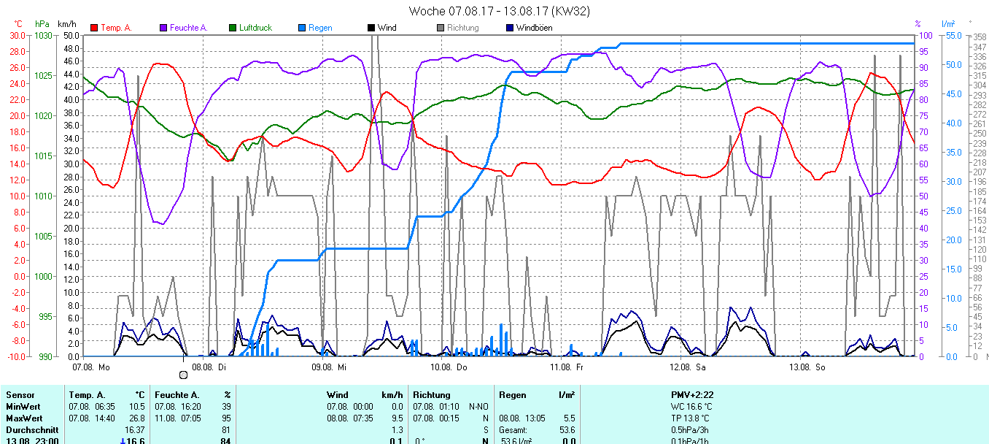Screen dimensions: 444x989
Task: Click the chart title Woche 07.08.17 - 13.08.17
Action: click(x=499, y=11)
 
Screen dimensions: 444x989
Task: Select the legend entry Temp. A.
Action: click(x=115, y=28)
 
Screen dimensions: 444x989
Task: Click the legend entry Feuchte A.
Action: click(x=188, y=28)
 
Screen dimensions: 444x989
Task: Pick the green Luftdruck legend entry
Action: click(x=255, y=28)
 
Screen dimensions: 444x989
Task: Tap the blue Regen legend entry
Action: click(x=319, y=28)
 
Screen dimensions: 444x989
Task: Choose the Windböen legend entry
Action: click(x=533, y=28)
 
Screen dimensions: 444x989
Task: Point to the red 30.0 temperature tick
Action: click(x=17, y=35)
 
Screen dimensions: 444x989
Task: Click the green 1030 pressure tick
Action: click(x=44, y=35)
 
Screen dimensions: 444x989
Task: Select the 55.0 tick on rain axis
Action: click(x=952, y=35)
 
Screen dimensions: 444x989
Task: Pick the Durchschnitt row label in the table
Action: click(x=31, y=429)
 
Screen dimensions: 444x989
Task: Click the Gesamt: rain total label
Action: click(x=513, y=429)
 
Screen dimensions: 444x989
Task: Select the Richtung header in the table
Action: click(x=432, y=394)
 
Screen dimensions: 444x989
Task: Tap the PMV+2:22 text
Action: click(x=692, y=394)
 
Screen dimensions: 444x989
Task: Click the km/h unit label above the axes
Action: click(x=68, y=24)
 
